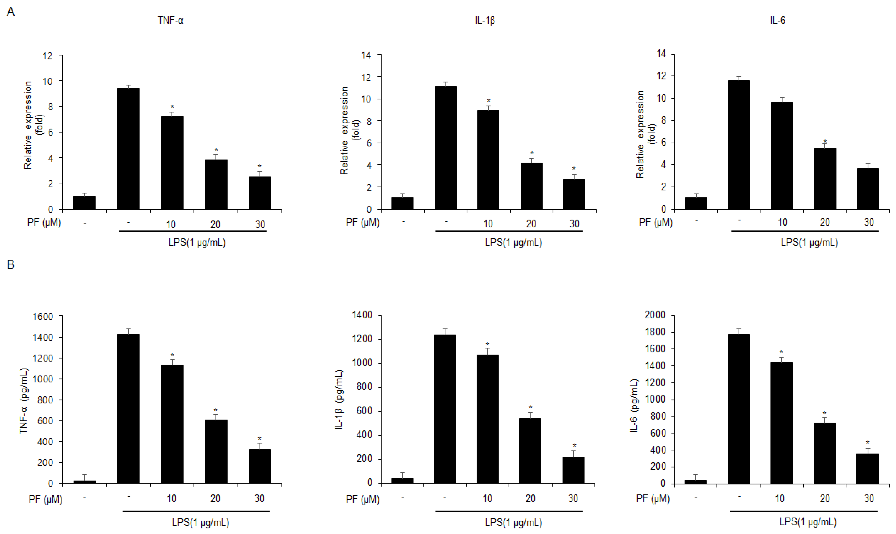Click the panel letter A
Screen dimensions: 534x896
pos(11,12)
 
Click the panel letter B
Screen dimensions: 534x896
pos(11,265)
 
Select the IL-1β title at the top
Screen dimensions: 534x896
pos(485,20)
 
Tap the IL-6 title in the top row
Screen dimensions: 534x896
pos(778,20)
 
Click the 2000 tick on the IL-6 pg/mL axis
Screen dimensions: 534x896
pos(655,315)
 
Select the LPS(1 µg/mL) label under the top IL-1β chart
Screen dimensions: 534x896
pos(513,242)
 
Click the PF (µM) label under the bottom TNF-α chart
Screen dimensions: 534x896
pos(45,500)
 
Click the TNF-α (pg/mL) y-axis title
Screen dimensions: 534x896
pos(24,401)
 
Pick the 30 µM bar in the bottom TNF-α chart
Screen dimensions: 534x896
pos(259,466)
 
